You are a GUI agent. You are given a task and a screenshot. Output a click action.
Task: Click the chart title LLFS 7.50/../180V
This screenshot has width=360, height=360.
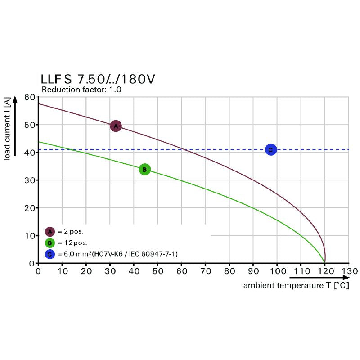point(98,79)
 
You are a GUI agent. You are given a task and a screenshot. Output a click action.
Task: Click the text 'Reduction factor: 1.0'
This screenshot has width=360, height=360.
point(81,90)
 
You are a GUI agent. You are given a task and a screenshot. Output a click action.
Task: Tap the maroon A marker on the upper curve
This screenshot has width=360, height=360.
point(116,126)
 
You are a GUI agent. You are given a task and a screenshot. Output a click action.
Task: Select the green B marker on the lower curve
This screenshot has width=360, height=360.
point(144,170)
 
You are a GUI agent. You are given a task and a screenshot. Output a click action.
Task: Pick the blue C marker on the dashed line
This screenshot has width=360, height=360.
point(270,149)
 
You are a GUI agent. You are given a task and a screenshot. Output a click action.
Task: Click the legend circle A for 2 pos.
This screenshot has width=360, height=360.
point(50,232)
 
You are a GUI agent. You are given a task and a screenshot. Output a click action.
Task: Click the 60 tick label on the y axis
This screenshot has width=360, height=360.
point(30,97)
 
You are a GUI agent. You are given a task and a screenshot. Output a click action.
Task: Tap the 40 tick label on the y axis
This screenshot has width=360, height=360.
point(30,153)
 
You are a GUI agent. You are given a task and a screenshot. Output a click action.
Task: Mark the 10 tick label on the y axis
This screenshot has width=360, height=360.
point(30,235)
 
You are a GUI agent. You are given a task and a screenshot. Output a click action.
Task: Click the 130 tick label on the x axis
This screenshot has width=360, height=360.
point(349,271)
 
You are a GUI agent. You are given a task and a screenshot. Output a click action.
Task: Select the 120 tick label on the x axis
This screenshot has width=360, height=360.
point(325,271)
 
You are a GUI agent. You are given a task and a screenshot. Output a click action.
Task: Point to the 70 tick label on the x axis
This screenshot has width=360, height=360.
point(205,271)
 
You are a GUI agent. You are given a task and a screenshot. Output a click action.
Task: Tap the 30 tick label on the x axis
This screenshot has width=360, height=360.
point(110,271)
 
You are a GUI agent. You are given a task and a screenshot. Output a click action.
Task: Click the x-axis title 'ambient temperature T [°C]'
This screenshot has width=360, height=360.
point(296,285)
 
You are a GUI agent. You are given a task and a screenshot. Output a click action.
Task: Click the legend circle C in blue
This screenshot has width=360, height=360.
point(50,254)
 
